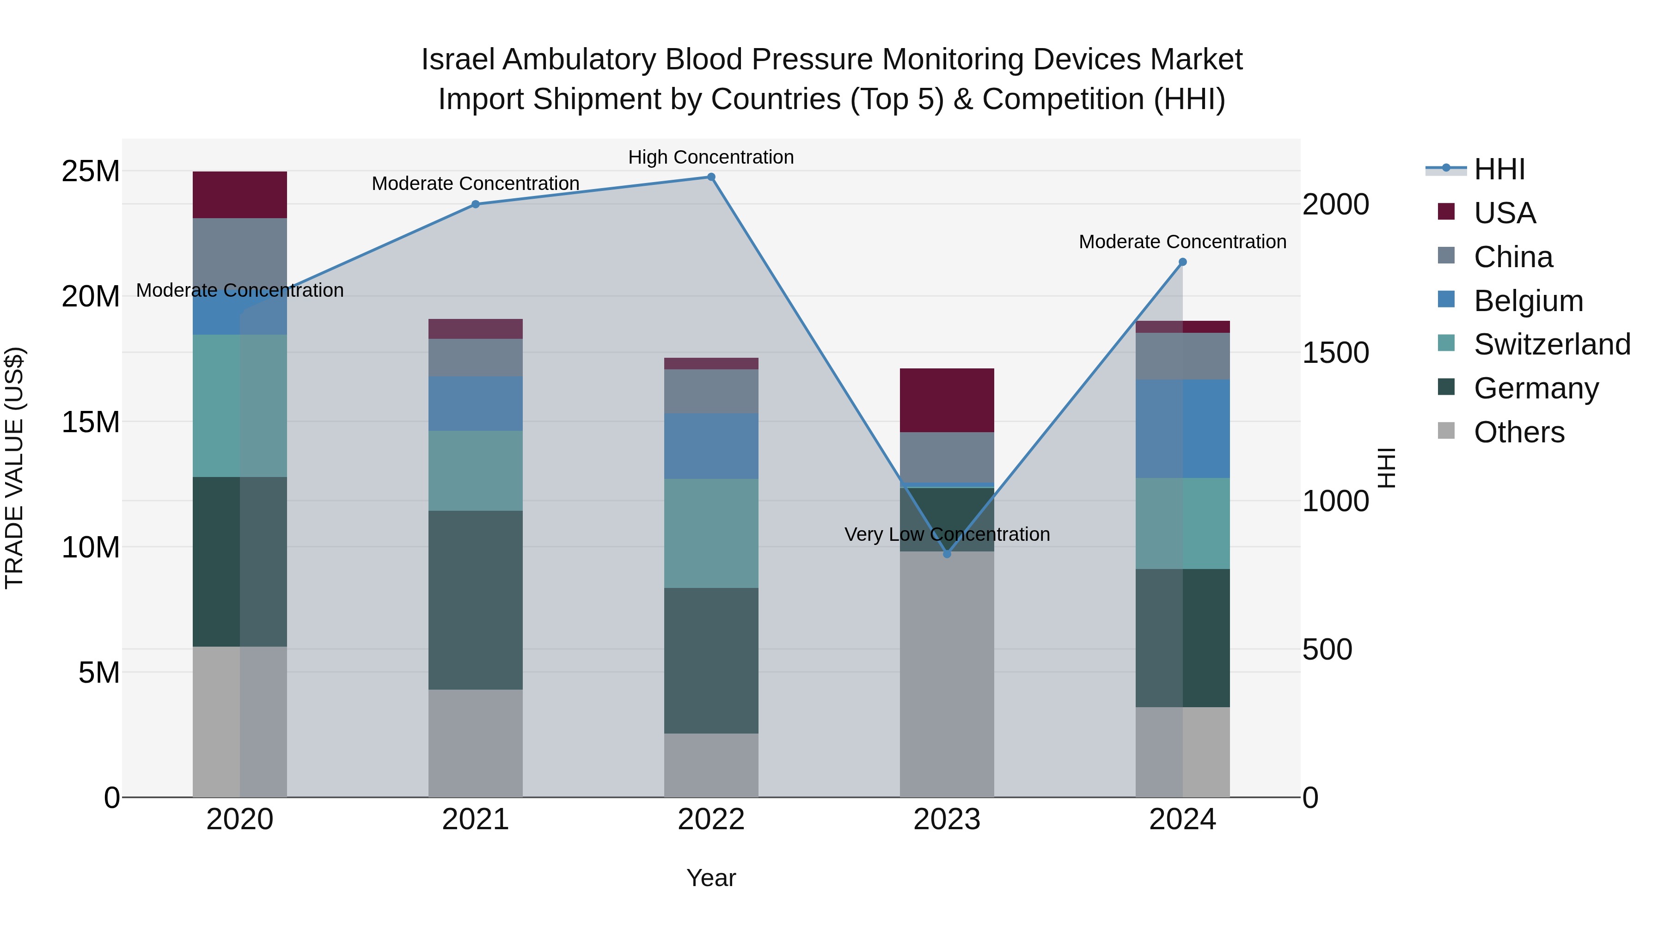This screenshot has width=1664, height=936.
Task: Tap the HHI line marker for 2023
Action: point(947,554)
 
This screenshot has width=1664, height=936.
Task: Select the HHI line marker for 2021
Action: point(476,204)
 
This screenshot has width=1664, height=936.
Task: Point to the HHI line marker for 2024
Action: point(1183,262)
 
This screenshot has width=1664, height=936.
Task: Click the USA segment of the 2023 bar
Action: point(947,400)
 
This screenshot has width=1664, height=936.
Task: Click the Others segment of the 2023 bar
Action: point(947,674)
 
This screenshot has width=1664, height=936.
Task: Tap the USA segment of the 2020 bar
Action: point(239,195)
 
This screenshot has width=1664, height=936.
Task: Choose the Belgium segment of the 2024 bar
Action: point(1183,429)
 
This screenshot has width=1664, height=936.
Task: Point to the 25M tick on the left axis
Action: point(91,172)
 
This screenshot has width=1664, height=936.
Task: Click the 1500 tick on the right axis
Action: point(1335,353)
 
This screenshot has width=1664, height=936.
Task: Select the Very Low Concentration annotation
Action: point(947,534)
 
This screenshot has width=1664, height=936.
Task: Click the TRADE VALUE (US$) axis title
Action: point(14,468)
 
